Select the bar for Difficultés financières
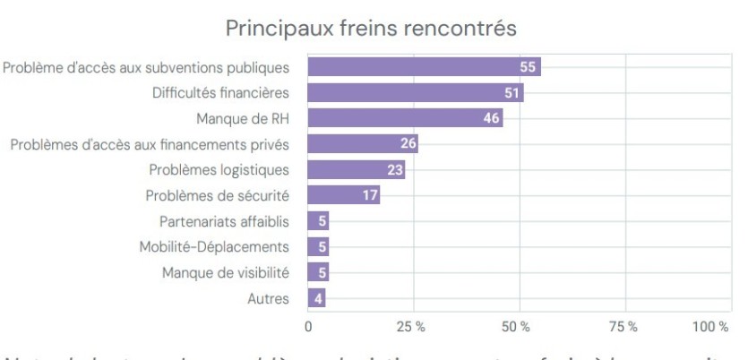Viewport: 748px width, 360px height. point(416,92)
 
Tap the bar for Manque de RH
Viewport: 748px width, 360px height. point(405,118)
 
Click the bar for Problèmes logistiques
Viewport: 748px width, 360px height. point(357,169)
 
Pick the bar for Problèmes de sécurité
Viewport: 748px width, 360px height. point(344,195)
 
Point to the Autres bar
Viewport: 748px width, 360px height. point(316,298)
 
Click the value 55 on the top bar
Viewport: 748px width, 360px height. point(529,67)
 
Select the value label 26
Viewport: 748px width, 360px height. point(407,144)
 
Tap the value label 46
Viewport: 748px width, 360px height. point(491,118)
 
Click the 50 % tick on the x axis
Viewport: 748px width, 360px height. point(518,325)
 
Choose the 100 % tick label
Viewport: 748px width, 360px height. point(711,325)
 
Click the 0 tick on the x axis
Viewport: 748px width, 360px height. point(308,325)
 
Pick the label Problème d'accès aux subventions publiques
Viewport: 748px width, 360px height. point(147,67)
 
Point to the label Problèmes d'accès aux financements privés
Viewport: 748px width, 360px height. point(150,144)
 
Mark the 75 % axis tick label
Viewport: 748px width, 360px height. point(624,325)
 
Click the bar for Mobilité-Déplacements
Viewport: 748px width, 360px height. point(318,247)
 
